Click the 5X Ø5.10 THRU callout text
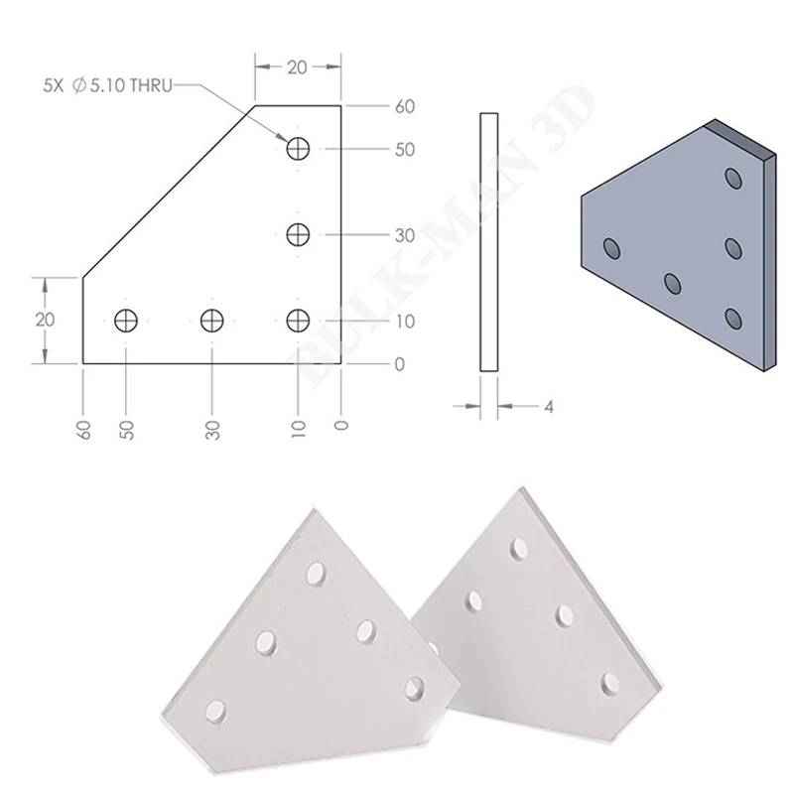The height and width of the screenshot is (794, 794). point(108,85)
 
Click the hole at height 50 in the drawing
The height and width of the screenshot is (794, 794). point(299,148)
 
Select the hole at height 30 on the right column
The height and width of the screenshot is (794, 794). point(299,234)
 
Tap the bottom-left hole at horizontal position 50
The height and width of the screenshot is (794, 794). point(126,321)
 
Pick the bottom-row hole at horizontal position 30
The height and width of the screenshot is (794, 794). point(212,321)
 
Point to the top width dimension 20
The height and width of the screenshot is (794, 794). point(297,66)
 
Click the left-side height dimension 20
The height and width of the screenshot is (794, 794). point(45,320)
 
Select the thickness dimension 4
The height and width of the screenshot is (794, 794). point(549,407)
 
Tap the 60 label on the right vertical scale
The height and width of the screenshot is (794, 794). point(405,107)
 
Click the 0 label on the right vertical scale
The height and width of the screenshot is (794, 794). point(400,364)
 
